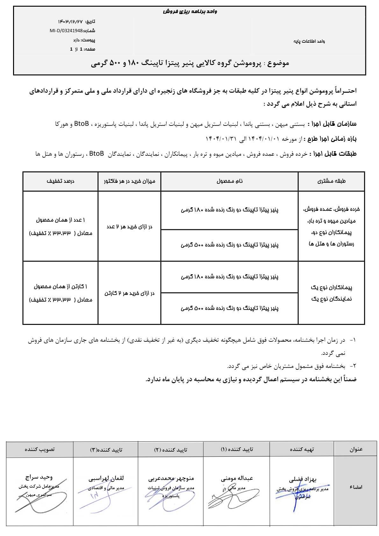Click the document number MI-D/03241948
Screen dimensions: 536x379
point(66,31)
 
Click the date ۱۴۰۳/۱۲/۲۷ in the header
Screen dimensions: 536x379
point(70,22)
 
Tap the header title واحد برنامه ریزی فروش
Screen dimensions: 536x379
point(190,12)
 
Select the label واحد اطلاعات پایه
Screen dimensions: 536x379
point(309,41)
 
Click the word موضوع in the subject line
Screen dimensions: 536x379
point(278,63)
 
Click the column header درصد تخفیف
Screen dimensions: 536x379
point(60,181)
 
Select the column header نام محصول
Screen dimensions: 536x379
point(229,181)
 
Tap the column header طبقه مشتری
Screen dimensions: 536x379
point(331,181)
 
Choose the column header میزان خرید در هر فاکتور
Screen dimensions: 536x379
point(129,181)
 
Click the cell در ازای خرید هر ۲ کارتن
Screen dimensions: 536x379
point(129,293)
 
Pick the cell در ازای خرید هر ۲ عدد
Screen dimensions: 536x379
point(129,226)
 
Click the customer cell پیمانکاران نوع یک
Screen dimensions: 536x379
point(331,287)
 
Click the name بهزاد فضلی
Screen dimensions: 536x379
point(303,479)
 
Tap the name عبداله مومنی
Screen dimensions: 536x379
point(237,478)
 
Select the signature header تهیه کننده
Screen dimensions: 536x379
point(302,449)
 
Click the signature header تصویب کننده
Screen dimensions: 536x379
point(40,449)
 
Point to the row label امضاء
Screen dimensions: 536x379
point(356,487)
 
